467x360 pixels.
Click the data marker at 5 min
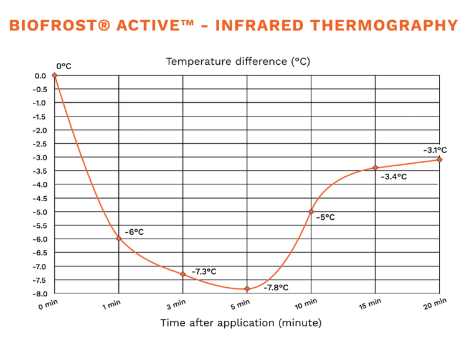(x=247, y=289)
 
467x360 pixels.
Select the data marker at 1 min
(x=119, y=239)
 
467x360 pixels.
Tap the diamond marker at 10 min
(x=311, y=212)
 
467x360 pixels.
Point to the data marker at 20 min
(x=440, y=159)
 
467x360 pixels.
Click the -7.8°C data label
(x=276, y=288)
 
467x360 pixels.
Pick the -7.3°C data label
(x=204, y=272)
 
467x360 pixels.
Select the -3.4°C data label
(x=394, y=177)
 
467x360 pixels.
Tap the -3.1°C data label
(x=435, y=150)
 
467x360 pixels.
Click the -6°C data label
(x=134, y=232)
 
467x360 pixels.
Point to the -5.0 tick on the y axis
(x=40, y=212)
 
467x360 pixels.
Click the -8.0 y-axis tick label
(x=40, y=294)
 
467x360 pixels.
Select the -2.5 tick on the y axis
(x=40, y=144)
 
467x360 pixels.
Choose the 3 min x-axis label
(x=176, y=305)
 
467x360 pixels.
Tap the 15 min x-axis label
(x=370, y=304)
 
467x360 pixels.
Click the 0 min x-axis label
(x=48, y=305)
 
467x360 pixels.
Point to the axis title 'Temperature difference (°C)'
(x=238, y=62)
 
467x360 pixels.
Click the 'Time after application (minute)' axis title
(x=241, y=323)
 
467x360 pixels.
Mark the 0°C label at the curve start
(x=64, y=66)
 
